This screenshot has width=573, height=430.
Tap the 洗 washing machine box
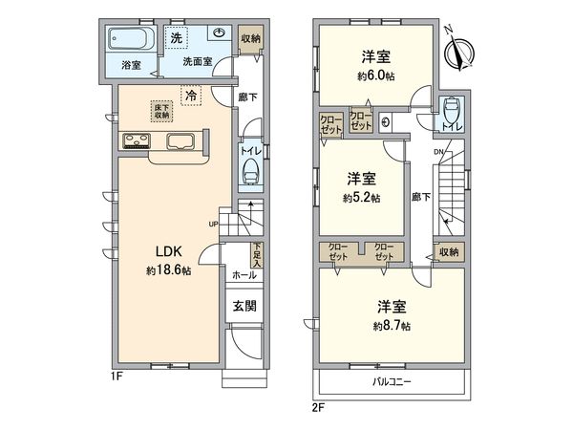(177, 38)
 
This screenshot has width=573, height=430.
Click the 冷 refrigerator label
(191, 96)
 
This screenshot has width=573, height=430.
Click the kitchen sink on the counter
(181, 143)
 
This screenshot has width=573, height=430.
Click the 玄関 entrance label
(244, 307)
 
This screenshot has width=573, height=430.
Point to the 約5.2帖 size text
(362, 198)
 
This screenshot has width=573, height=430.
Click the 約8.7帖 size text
(392, 326)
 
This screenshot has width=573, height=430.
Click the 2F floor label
(317, 408)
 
